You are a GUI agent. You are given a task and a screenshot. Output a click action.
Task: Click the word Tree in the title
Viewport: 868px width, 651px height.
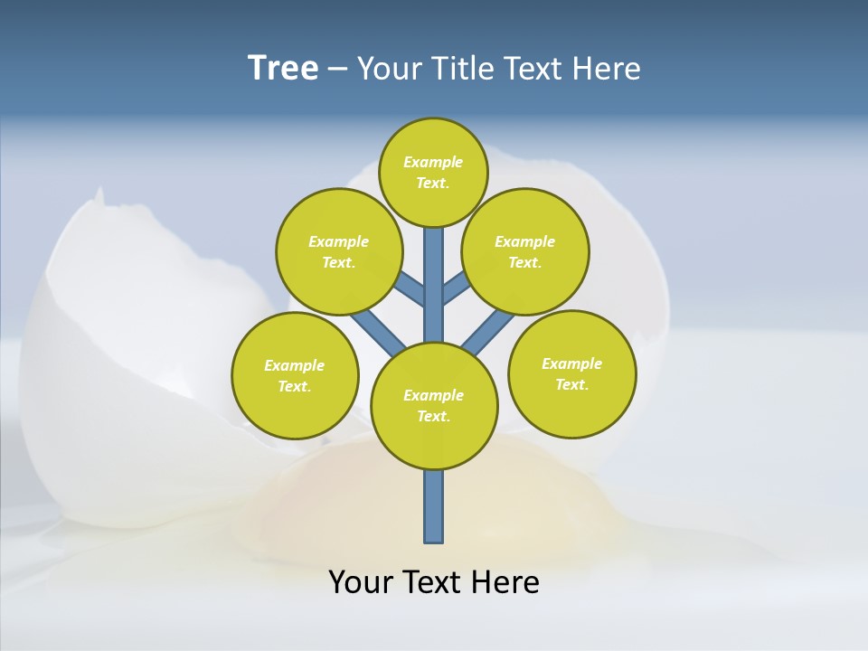(x=283, y=69)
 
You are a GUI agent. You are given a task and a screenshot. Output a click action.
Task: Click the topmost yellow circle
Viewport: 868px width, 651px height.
(x=433, y=172)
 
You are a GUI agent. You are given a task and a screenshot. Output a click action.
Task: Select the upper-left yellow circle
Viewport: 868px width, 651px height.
(x=339, y=251)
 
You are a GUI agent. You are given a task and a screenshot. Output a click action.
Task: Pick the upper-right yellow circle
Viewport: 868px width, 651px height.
(x=525, y=251)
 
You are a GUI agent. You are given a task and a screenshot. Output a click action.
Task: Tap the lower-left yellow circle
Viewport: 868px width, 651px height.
(x=295, y=375)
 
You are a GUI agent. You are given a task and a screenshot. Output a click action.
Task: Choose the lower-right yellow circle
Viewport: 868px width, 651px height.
(x=572, y=373)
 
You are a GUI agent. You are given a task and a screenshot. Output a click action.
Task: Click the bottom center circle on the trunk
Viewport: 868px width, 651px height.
(x=434, y=406)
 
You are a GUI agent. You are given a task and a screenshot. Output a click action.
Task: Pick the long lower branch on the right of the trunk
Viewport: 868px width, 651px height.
(x=488, y=332)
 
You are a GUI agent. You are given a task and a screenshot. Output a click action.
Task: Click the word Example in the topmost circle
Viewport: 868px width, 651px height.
(x=433, y=162)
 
